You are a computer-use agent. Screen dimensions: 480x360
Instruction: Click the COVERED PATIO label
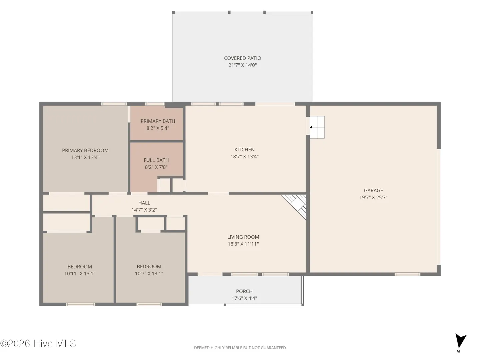(x=242, y=58)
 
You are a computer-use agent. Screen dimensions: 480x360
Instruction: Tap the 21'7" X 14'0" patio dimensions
(x=242, y=65)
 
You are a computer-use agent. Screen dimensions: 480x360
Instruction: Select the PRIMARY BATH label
(x=158, y=121)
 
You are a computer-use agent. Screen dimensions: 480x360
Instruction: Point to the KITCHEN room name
(x=244, y=150)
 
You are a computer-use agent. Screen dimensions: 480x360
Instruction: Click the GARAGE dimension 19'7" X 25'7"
(x=373, y=197)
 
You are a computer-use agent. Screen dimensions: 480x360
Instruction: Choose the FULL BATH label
(x=156, y=160)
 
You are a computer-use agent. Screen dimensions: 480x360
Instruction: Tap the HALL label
(x=144, y=203)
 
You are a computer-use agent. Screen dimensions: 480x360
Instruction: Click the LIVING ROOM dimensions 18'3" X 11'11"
(x=243, y=244)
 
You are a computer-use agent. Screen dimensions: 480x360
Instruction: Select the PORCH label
(x=244, y=291)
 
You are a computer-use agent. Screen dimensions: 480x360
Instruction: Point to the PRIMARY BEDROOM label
(x=85, y=150)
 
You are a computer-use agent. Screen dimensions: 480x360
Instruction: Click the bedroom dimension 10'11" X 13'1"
(x=80, y=273)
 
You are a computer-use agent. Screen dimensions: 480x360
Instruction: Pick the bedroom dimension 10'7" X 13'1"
(x=149, y=273)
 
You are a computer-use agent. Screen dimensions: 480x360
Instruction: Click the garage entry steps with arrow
(x=317, y=127)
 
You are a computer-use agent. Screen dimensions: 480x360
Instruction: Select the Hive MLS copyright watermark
(x=38, y=344)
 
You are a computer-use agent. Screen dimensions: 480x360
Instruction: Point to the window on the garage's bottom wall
(x=407, y=274)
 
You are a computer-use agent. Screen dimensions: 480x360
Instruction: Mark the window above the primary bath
(x=155, y=104)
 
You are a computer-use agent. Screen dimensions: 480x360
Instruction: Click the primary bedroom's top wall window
(x=114, y=104)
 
